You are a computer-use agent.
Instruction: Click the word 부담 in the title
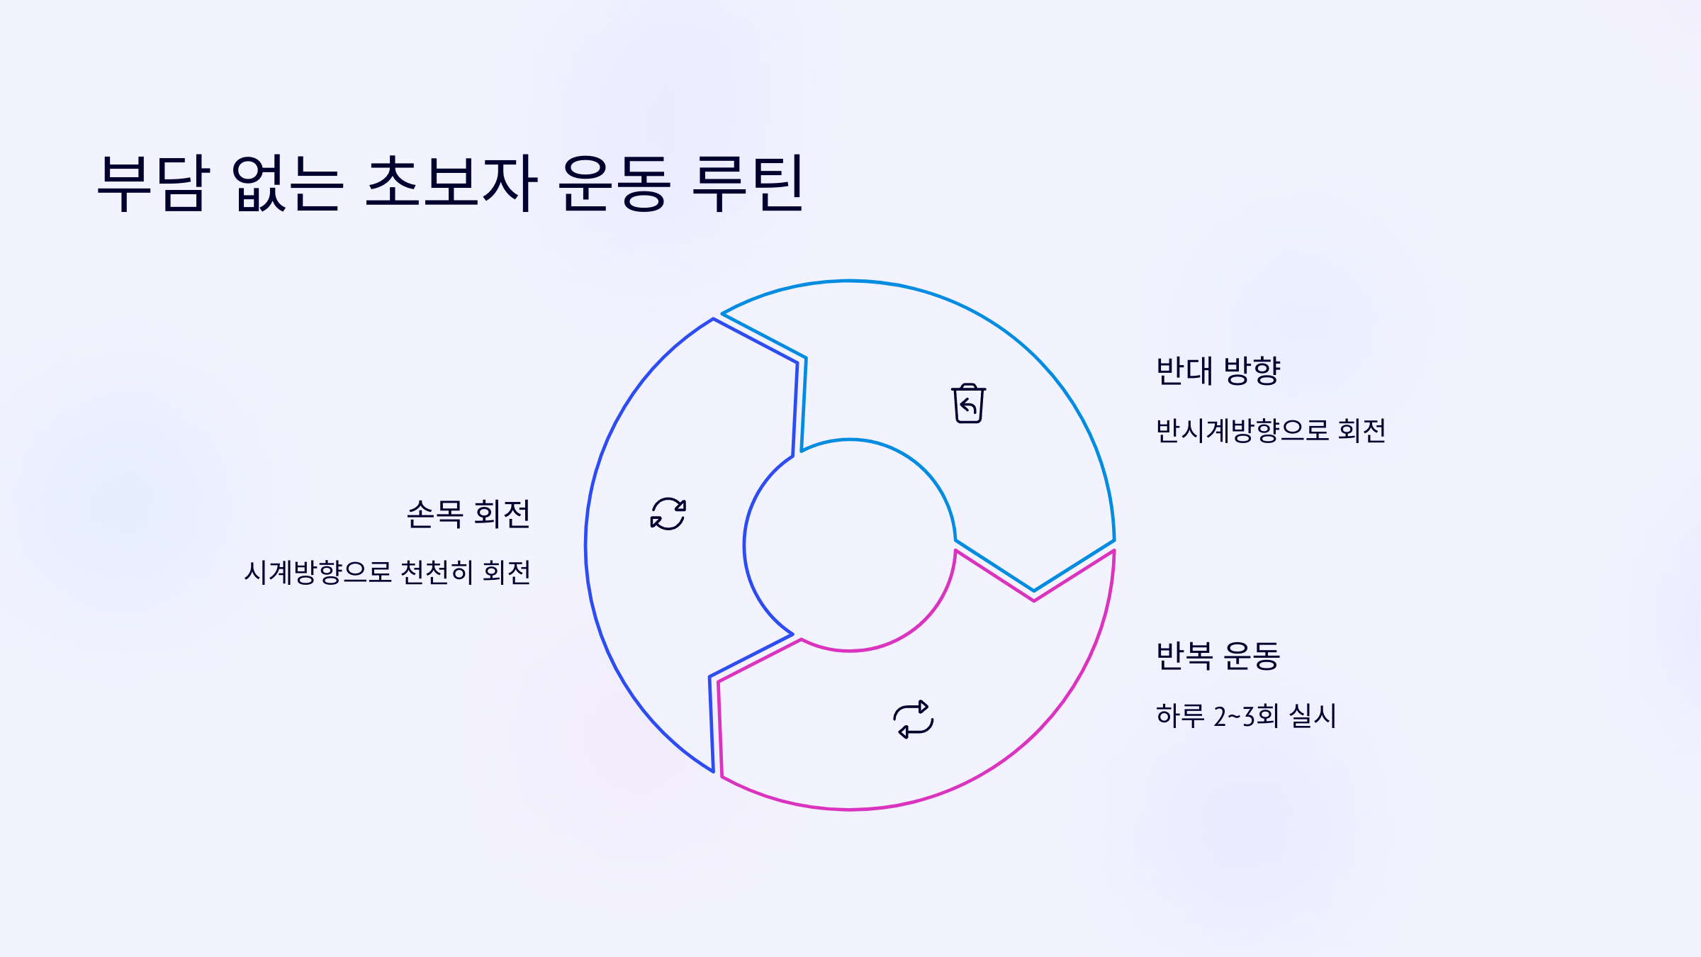tap(154, 183)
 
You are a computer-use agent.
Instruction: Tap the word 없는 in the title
tap(288, 183)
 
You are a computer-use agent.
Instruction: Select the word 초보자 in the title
tap(451, 183)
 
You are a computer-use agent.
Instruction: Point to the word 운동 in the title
tap(614, 183)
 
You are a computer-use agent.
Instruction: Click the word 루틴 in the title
tap(747, 183)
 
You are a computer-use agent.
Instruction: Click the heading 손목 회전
tap(468, 514)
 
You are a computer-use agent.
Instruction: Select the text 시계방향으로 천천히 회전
tap(388, 572)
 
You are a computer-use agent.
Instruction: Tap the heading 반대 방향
tap(1218, 371)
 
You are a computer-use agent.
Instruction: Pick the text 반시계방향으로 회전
tap(1271, 430)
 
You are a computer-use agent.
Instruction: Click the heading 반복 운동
tap(1218, 656)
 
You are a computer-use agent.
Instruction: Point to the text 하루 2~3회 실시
tap(1246, 715)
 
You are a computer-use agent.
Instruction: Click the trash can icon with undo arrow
tap(968, 404)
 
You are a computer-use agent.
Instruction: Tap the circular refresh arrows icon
tap(668, 513)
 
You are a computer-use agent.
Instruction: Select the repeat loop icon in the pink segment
tap(914, 720)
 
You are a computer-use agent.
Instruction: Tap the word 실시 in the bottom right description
tap(1313, 715)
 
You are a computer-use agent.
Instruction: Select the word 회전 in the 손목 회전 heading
tap(502, 514)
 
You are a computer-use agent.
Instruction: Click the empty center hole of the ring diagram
tap(850, 544)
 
